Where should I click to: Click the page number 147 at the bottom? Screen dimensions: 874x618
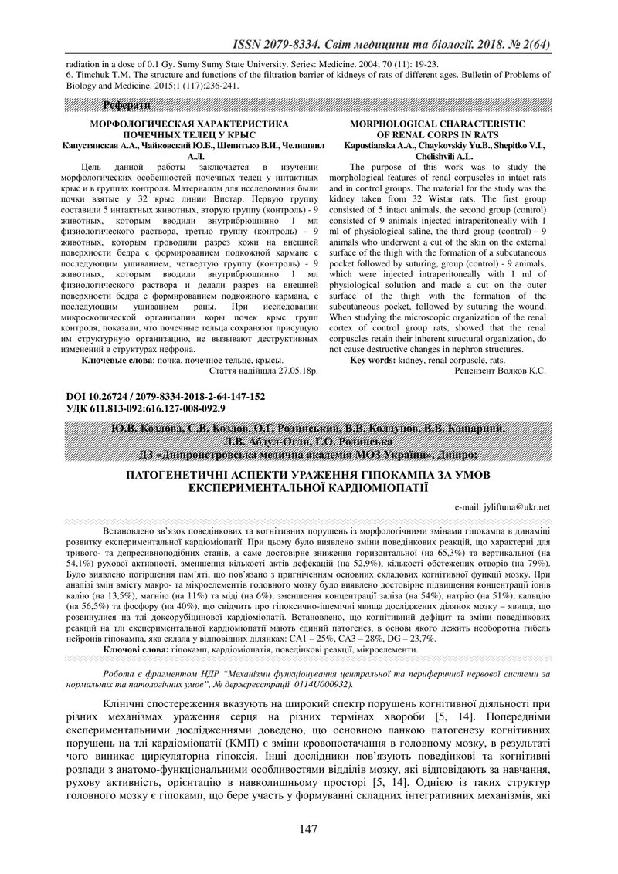click(308, 829)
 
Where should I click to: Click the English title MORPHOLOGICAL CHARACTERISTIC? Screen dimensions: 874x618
click(437, 124)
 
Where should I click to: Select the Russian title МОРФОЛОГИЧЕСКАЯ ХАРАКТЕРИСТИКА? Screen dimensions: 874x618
click(190, 124)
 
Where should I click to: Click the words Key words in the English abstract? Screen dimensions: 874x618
click(372, 360)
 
